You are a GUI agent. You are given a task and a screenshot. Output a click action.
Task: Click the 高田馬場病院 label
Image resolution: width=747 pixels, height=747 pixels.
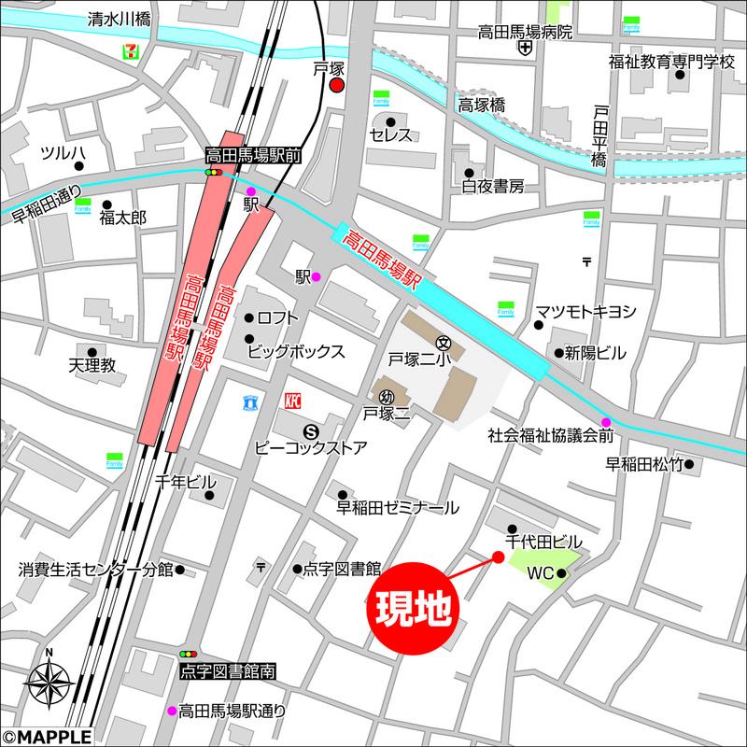tap(524, 31)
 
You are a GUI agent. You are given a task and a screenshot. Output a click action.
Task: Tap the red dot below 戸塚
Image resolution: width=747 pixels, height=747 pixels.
tap(337, 86)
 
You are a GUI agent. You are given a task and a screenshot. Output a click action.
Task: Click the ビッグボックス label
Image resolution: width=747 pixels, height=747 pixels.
tap(296, 352)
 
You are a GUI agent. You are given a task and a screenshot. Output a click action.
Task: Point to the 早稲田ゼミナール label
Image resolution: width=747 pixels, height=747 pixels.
tap(398, 508)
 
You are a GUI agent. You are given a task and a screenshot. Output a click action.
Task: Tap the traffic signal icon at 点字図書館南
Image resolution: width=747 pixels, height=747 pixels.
tap(190, 654)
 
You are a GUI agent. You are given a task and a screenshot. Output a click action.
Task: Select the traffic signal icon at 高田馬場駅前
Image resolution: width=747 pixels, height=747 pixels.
tap(216, 173)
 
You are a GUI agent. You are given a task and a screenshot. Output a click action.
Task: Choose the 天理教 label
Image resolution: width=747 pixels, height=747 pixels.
tap(91, 365)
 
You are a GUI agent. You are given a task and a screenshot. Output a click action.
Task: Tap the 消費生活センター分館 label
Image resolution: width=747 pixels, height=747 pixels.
tap(95, 569)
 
